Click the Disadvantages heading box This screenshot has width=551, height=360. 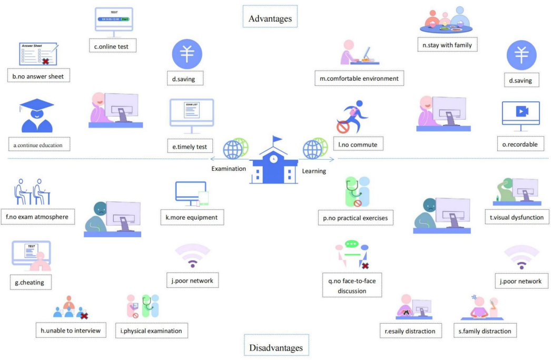point(277,347)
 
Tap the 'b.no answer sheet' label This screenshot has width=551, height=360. point(38,76)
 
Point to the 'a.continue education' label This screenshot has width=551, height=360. point(42,144)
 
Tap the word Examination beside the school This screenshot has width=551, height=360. point(229,169)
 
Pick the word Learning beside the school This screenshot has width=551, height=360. point(314,171)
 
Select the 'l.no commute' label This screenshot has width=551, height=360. point(358,144)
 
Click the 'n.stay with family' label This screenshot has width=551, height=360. point(447,45)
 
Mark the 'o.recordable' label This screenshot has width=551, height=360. point(520,144)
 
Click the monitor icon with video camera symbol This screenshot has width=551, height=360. point(520,114)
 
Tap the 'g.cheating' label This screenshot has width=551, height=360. point(29,283)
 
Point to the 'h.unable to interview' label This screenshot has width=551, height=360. point(71,330)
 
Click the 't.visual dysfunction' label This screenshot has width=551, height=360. point(516,217)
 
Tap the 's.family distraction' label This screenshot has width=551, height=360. point(485,331)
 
